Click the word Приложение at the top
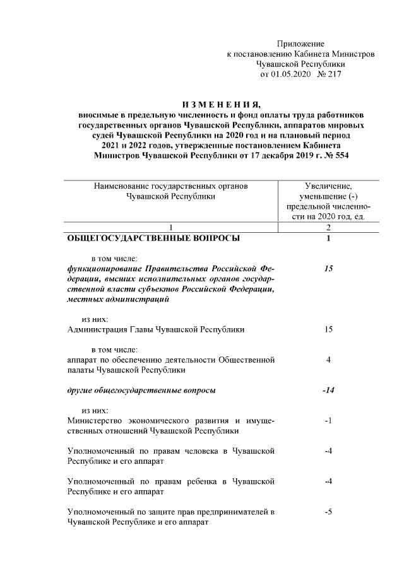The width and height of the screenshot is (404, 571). (300, 44)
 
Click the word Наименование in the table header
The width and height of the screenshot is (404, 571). (122, 186)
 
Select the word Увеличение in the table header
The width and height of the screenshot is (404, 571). (328, 186)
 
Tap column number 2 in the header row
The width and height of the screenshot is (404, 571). (328, 227)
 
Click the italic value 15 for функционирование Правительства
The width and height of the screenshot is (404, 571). (328, 269)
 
